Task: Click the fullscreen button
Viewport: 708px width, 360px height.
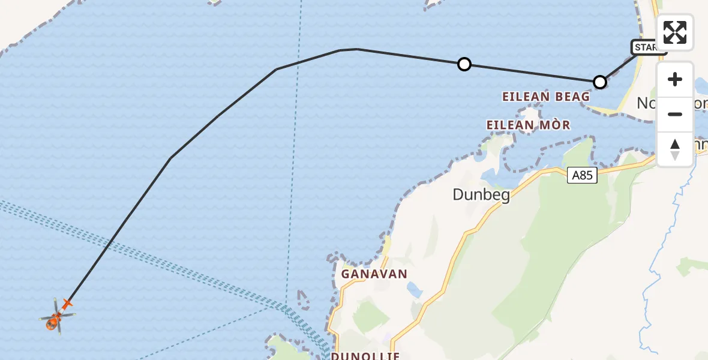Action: (x=675, y=32)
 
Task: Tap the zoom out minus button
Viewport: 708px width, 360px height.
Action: (x=675, y=115)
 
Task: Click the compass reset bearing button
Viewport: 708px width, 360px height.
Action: (x=675, y=149)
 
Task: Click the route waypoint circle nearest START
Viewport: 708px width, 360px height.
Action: (x=599, y=82)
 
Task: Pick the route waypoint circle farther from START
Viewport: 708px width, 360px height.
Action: (x=464, y=64)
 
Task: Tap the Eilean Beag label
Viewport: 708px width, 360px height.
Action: (x=546, y=97)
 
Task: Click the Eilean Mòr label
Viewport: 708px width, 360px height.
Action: (x=528, y=125)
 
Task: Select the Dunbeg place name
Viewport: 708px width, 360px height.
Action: (x=481, y=194)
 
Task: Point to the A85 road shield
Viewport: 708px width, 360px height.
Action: (x=582, y=175)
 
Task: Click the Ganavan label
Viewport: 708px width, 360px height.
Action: (x=374, y=274)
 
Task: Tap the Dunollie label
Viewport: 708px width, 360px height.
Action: (x=365, y=355)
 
